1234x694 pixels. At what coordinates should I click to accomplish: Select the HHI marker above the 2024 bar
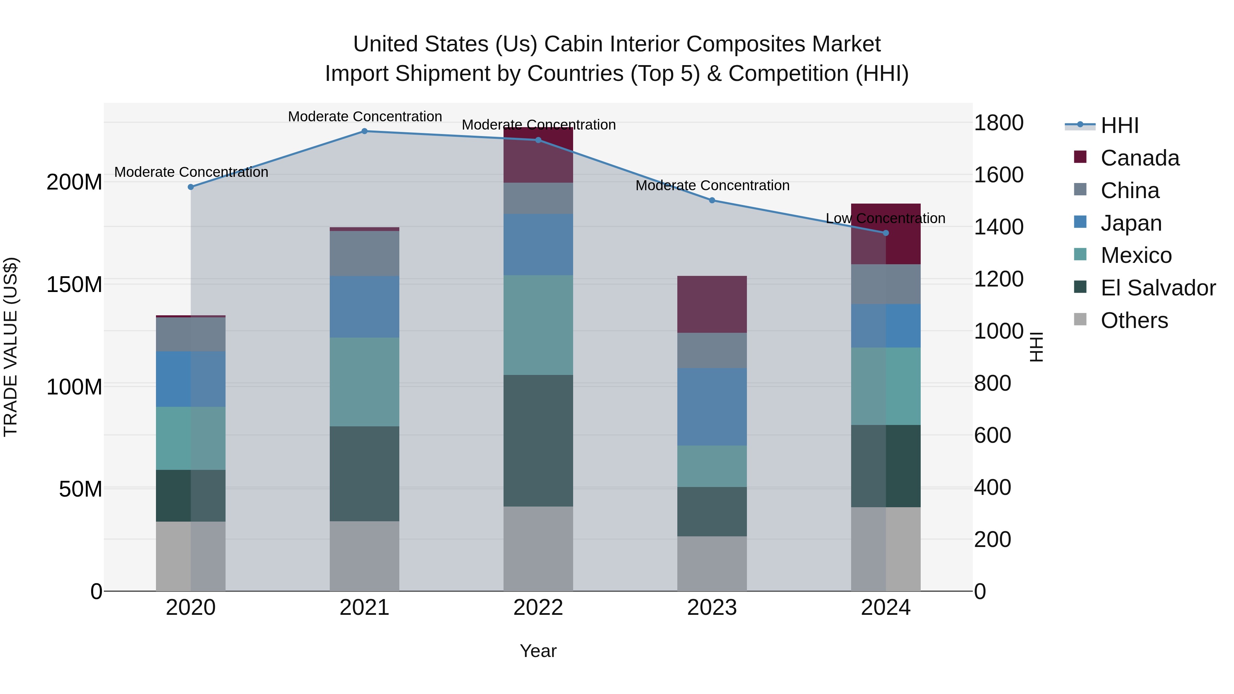tap(886, 233)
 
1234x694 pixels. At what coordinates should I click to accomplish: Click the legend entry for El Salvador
tap(1158, 288)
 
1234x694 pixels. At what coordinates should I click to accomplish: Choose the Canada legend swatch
tap(1080, 157)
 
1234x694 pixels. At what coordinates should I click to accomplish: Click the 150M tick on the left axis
tap(74, 284)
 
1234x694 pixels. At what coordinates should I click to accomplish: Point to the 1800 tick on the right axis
tap(999, 123)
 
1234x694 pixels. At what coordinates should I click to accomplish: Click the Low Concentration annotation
tap(885, 218)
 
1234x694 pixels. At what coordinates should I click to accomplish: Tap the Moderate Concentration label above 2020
tap(191, 172)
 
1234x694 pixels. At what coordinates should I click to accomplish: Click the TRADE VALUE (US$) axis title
tap(11, 347)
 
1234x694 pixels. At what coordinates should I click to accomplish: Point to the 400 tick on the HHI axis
tap(993, 488)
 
